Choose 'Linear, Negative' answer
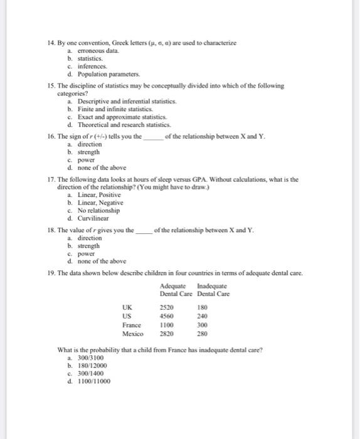pyautogui.click(x=100, y=203)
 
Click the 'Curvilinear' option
pyautogui.click(x=93, y=218)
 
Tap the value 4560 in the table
pyautogui.click(x=166, y=317)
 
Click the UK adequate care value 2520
pyautogui.click(x=166, y=308)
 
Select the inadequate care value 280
pyautogui.click(x=202, y=334)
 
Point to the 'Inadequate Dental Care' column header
pyautogui.click(x=213, y=290)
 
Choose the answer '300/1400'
pyautogui.click(x=92, y=373)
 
